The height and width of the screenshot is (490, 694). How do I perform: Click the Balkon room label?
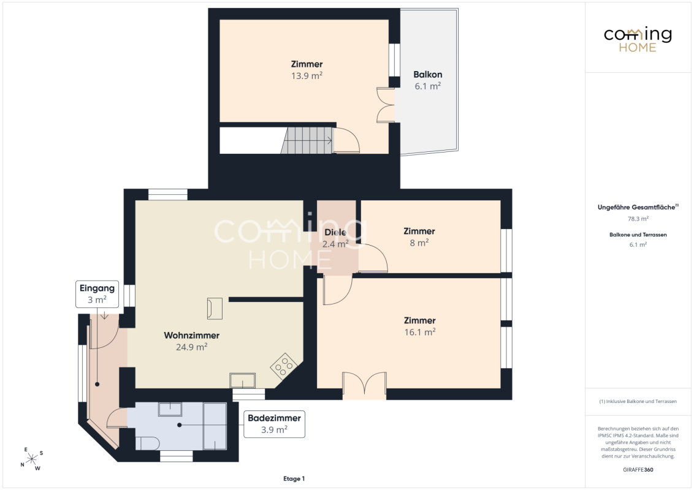tap(427, 75)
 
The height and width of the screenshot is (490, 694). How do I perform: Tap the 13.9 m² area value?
tap(307, 75)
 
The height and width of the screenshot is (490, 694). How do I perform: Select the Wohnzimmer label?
tap(192, 335)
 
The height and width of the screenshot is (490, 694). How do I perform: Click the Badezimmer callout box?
tap(275, 424)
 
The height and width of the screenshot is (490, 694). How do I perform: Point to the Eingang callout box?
tap(97, 294)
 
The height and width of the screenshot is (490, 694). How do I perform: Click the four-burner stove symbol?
tap(284, 366)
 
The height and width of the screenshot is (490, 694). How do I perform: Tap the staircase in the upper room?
tap(307, 141)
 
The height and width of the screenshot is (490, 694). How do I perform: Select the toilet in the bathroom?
tap(147, 443)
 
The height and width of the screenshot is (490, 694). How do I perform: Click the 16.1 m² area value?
tap(419, 332)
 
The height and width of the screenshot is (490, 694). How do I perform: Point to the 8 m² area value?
tap(419, 243)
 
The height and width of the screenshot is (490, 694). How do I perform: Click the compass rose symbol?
tap(32, 459)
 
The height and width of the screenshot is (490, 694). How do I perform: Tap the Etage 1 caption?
tap(294, 478)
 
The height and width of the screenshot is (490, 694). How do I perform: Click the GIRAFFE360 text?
tap(638, 470)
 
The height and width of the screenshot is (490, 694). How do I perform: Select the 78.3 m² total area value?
tap(638, 219)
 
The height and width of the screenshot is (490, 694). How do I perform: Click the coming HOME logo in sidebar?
tap(638, 39)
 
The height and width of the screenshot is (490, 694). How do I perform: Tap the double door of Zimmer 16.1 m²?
tap(364, 384)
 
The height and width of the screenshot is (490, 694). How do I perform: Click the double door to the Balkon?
tap(386, 105)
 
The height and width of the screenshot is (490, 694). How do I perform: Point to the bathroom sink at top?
tap(170, 409)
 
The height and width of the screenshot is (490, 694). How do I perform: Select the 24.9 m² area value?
tap(192, 347)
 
